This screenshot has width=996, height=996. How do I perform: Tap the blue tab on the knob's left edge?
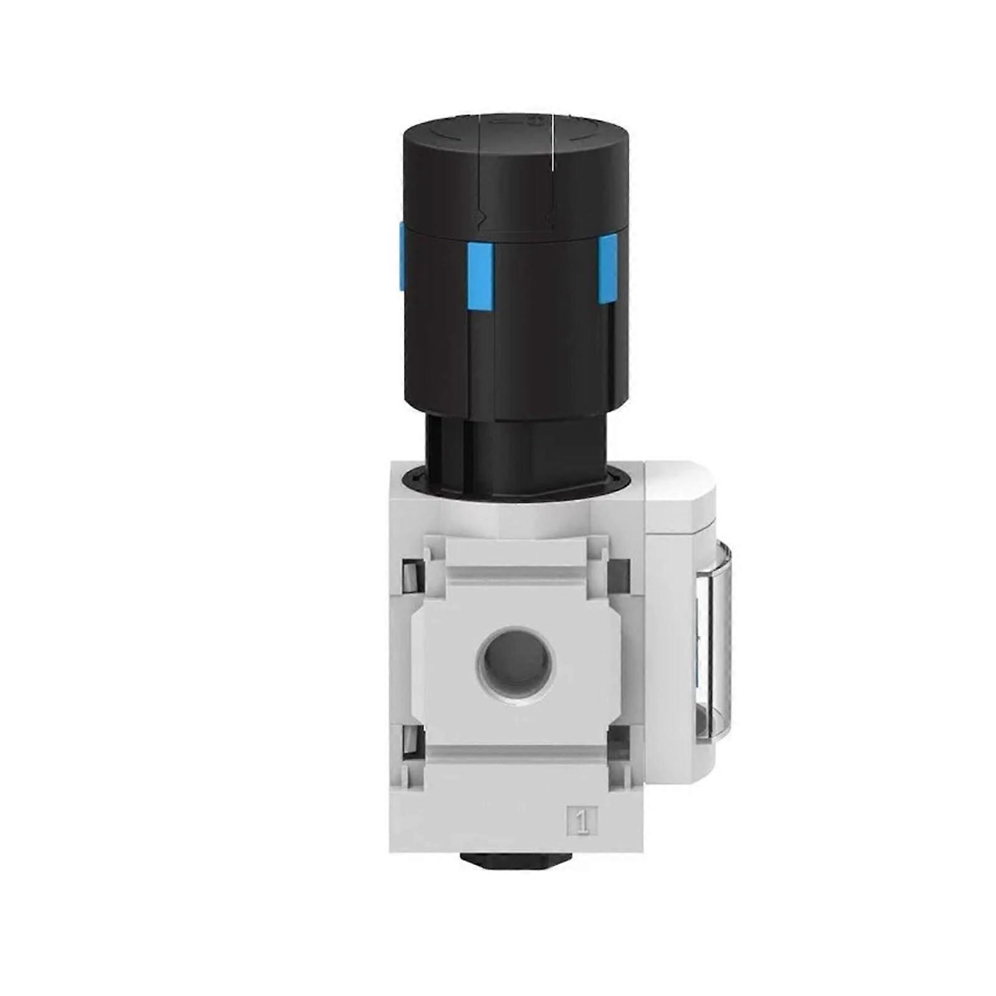coord(401,256)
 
